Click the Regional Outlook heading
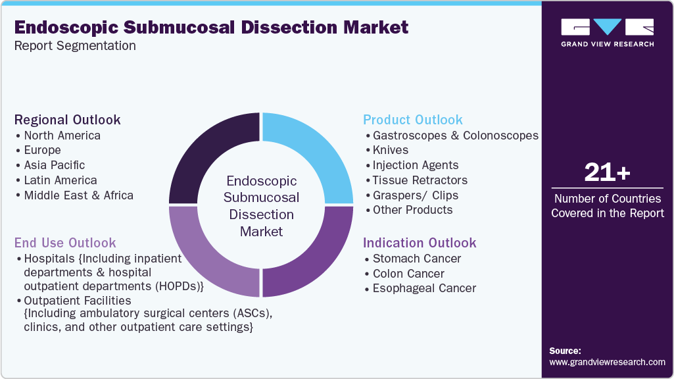68,120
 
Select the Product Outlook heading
413,120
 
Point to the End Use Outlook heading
65,243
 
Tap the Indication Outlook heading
420,243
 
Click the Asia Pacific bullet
55,165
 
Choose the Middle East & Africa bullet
78,195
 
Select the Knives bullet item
391,150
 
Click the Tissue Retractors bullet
420,180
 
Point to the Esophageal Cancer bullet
424,288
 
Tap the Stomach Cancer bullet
417,259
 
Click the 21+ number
607,173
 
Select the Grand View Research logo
607,32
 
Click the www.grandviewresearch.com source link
607,362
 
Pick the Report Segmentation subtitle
75,46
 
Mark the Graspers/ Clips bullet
416,195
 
